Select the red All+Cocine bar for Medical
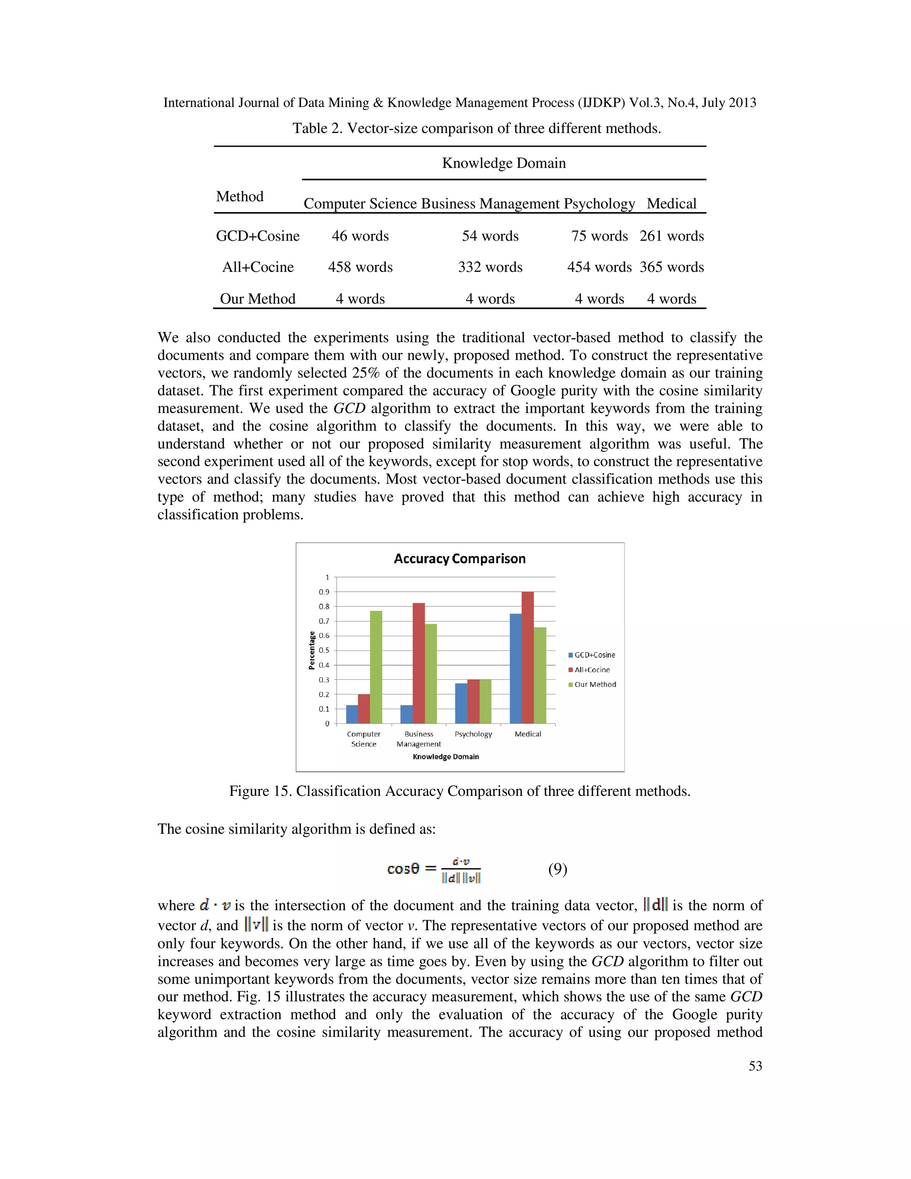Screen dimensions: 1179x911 pyautogui.click(x=527, y=658)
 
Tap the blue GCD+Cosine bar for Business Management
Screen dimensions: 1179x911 pyautogui.click(x=407, y=714)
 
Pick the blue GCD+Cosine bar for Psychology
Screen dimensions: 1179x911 pyautogui.click(x=461, y=703)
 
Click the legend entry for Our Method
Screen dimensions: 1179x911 pyautogui.click(x=592, y=685)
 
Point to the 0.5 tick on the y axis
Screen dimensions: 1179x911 pyautogui.click(x=324, y=650)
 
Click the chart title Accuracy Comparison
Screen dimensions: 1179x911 pyautogui.click(x=459, y=559)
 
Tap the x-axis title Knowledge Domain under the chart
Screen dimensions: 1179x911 pyautogui.click(x=446, y=756)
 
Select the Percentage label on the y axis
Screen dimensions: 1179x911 pyautogui.click(x=311, y=650)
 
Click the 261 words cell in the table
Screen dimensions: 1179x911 pyautogui.click(x=671, y=236)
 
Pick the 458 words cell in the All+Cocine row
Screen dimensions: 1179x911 pyautogui.click(x=360, y=267)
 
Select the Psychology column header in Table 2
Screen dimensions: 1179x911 pyautogui.click(x=599, y=203)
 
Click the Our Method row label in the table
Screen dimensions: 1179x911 pyautogui.click(x=258, y=299)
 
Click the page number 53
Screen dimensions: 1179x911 pyautogui.click(x=755, y=1066)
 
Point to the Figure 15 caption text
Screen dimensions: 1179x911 pyautogui.click(x=459, y=791)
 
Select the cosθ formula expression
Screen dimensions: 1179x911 pyautogui.click(x=434, y=869)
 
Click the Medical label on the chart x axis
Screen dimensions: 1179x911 pyautogui.click(x=528, y=734)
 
